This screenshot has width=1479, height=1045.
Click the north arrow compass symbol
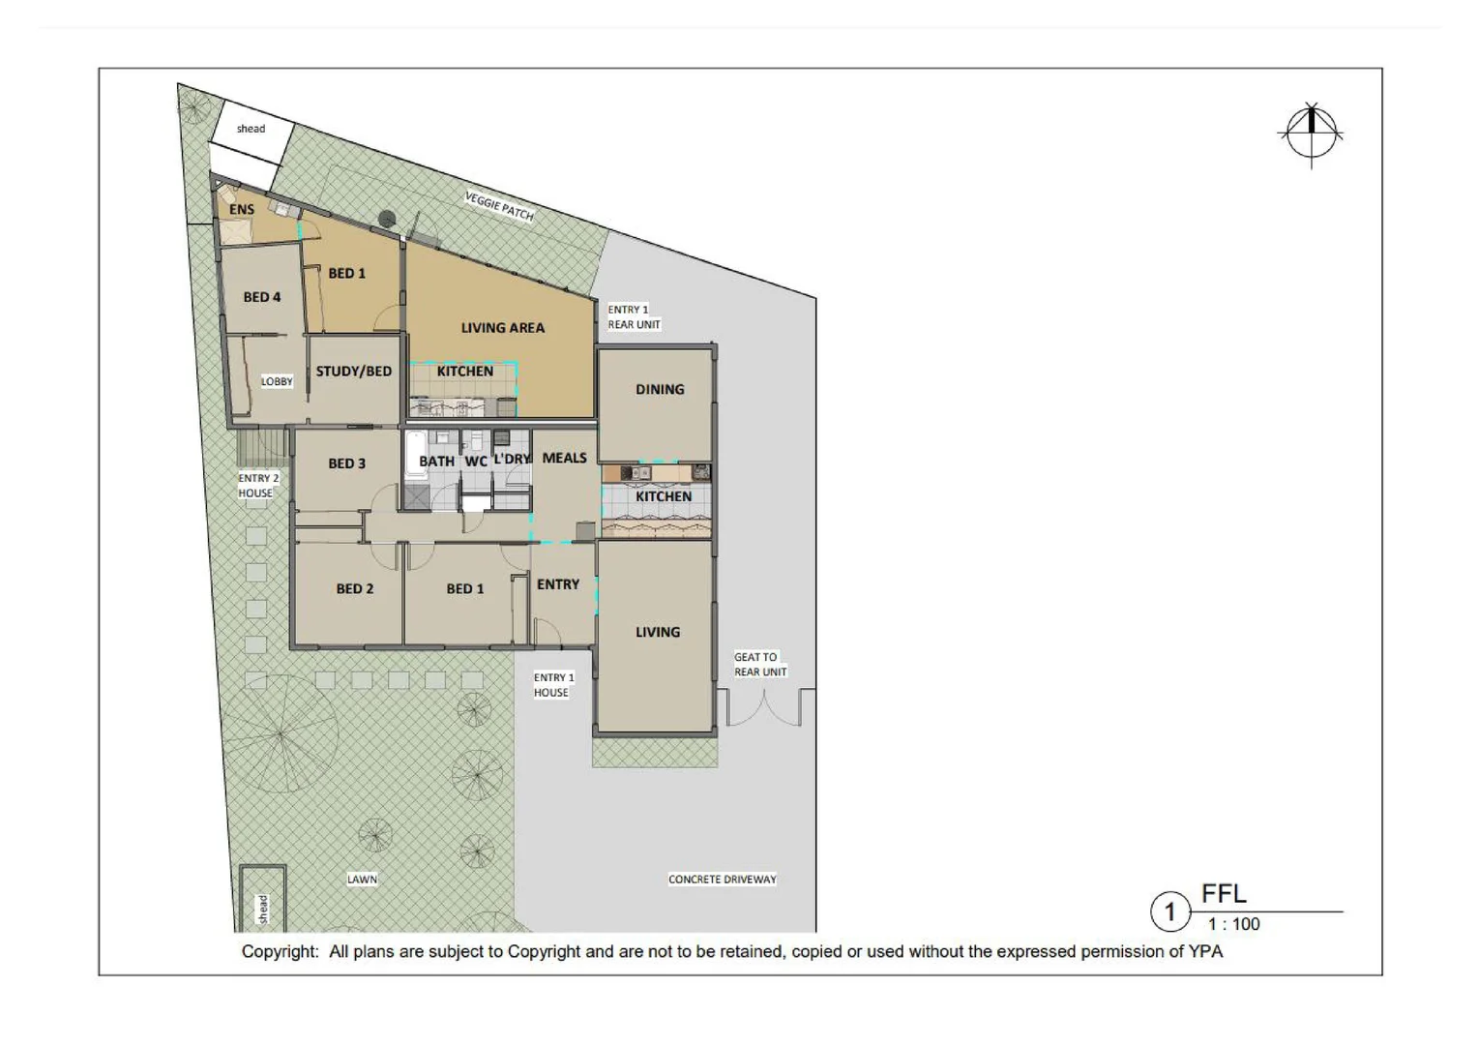(x=1311, y=134)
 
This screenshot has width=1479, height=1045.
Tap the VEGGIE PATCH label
(x=499, y=206)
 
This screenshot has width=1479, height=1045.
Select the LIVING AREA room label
(x=502, y=328)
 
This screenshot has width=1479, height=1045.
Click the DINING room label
(x=660, y=389)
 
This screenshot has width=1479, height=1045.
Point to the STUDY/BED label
(x=353, y=371)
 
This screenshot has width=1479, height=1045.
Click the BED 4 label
(x=261, y=297)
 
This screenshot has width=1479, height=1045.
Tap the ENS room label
(x=242, y=209)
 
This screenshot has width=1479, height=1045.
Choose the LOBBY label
(x=277, y=381)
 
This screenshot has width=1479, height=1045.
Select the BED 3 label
(x=346, y=463)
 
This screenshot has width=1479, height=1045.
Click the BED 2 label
(x=354, y=588)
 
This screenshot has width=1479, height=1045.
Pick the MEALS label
(x=564, y=458)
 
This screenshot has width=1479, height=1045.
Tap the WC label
(x=476, y=462)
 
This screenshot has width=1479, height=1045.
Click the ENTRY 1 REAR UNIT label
(x=634, y=317)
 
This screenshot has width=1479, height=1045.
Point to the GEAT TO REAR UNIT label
(x=759, y=665)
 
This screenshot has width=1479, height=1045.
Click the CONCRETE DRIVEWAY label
(x=722, y=880)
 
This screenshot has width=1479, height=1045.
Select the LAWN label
(x=362, y=880)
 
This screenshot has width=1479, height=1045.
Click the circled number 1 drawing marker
(x=1169, y=911)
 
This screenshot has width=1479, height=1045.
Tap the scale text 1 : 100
(x=1233, y=924)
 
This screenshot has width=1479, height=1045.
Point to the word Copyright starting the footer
(x=279, y=952)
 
